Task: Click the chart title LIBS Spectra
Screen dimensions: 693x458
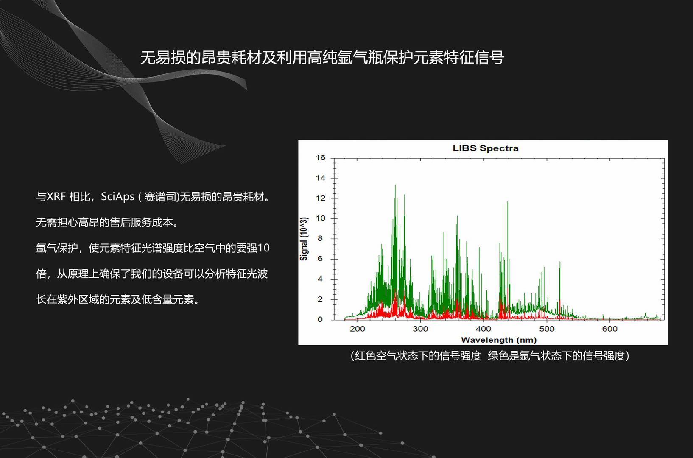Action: click(x=486, y=148)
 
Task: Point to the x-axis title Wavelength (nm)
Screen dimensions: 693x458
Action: click(x=499, y=340)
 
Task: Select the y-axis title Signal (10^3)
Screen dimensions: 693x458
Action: click(x=304, y=239)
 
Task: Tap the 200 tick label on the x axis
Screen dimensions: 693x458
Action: click(x=358, y=329)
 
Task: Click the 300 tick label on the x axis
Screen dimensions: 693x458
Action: click(x=420, y=329)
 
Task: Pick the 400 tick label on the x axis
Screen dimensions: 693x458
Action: click(x=483, y=329)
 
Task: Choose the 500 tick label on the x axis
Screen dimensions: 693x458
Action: click(x=547, y=329)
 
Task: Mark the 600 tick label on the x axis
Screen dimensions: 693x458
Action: click(x=610, y=329)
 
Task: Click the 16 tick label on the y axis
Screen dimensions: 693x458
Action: click(x=321, y=158)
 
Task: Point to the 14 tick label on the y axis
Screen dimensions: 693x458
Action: click(x=321, y=178)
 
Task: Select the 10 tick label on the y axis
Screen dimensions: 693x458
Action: click(x=321, y=218)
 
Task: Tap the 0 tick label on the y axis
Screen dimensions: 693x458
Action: click(x=320, y=319)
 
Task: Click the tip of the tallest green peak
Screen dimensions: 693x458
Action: click(x=395, y=185)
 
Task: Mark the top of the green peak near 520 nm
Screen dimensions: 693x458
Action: click(x=560, y=262)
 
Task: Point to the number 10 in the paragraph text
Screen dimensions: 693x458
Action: click(x=264, y=248)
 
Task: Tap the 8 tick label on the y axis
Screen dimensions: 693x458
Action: click(x=320, y=238)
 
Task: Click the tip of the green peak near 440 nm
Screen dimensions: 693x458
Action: click(x=507, y=201)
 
